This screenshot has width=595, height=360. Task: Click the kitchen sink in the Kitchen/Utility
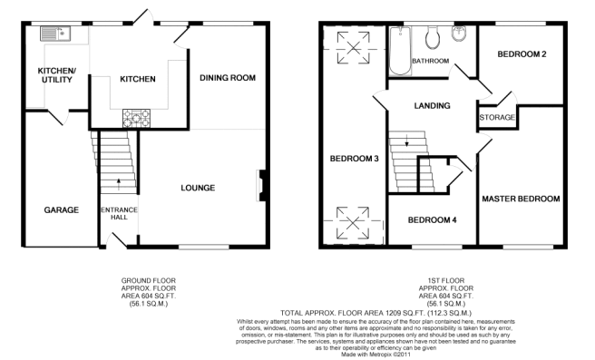point(55,34)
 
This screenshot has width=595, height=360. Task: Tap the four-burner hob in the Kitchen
point(136,118)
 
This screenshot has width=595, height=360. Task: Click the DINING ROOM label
point(228,78)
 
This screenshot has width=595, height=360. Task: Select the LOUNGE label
point(198,188)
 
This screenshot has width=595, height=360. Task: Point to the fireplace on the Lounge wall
point(261,185)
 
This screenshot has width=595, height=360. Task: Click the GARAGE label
point(62,209)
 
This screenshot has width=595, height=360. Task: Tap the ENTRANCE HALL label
point(119,214)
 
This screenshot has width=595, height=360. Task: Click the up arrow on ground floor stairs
point(119,184)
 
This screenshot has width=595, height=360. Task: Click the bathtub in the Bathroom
point(400,51)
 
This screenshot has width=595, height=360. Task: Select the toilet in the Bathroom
point(433,37)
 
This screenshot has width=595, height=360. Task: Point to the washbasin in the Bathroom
point(459,34)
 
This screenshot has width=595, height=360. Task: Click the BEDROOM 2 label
point(522,54)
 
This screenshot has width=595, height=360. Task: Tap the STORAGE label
point(497,117)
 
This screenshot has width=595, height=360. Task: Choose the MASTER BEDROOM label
point(521,199)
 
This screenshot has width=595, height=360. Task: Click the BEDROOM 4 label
point(432,220)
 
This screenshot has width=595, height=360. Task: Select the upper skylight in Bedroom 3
point(354,48)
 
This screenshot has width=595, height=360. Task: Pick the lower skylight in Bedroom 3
point(353,223)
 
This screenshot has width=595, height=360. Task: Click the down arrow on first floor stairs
point(406,141)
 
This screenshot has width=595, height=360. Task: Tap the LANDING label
point(433,105)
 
